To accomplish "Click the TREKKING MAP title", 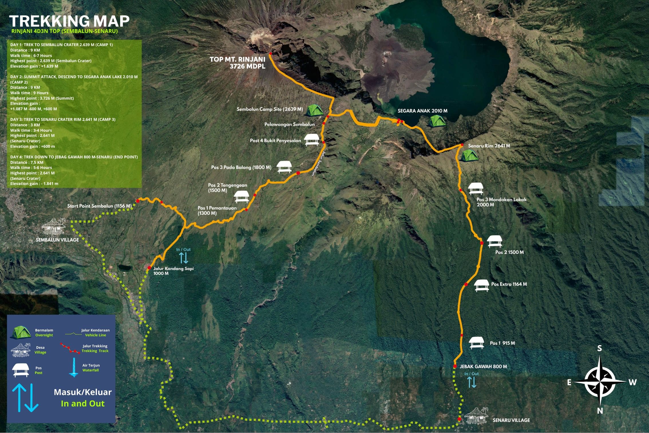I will [x=69, y=21].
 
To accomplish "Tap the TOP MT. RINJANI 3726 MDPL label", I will [x=238, y=63].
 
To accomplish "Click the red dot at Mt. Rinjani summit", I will [x=270, y=54].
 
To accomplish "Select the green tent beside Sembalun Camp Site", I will [x=314, y=111].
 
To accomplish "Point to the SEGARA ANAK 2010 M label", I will [x=422, y=111].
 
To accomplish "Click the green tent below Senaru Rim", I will [x=469, y=156].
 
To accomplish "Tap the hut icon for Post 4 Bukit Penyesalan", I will [x=312, y=140].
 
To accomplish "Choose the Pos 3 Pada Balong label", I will [x=241, y=167].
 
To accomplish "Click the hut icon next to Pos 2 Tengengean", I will [x=242, y=197].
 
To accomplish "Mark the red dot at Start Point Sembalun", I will [x=138, y=201].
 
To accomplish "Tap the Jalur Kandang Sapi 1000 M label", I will [x=173, y=271].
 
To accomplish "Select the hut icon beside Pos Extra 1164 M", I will [x=481, y=286].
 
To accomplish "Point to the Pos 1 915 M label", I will [x=502, y=343].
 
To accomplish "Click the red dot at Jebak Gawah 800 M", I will [x=455, y=366].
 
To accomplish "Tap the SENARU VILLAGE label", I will [x=511, y=420].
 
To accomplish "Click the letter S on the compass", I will [x=599, y=348].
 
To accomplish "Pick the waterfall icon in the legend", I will [x=74, y=367].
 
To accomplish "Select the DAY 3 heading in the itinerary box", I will [x=63, y=119].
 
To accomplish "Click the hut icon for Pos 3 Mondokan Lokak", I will [x=476, y=189].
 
